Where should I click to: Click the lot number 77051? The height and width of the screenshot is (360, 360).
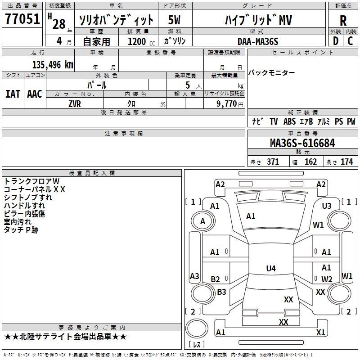click(22, 19)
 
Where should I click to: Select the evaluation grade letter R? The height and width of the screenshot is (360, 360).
click(343, 21)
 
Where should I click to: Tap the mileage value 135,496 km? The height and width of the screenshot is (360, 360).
click(53, 65)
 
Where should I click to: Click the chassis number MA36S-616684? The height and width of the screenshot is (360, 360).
click(302, 143)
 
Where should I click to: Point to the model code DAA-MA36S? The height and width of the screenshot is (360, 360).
click(258, 41)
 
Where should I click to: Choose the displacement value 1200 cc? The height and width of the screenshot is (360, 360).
click(141, 41)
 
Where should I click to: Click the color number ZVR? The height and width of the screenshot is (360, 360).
click(75, 104)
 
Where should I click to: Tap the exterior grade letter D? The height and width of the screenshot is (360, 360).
click(336, 41)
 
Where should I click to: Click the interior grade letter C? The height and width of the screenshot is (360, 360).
click(350, 41)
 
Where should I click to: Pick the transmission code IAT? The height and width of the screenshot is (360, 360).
click(13, 94)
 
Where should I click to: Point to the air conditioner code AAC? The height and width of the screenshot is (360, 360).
click(35, 94)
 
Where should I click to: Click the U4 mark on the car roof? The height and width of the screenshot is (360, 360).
click(271, 268)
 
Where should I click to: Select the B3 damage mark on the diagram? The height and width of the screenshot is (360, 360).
click(221, 292)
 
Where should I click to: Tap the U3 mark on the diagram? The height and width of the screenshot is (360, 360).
click(327, 206)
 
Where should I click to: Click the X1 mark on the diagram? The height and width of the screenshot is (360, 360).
click(320, 332)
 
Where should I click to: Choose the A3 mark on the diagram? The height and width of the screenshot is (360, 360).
click(194, 276)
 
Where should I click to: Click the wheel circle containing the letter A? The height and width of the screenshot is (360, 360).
click(203, 221)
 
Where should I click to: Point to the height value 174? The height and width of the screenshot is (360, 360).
click(346, 162)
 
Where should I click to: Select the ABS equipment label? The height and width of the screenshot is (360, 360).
click(289, 121)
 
